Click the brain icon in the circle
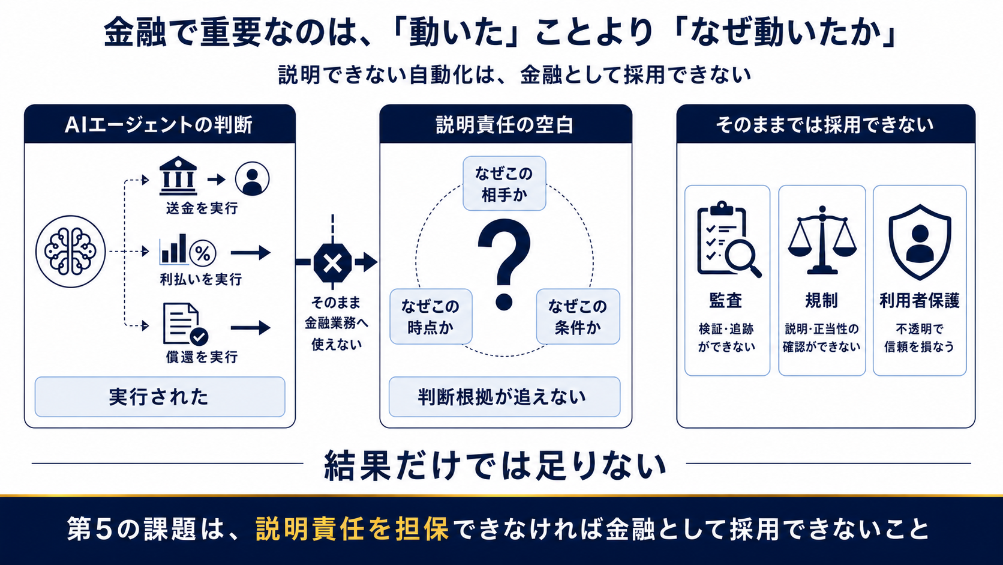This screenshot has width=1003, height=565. (x=70, y=252)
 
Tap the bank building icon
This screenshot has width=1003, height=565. (x=178, y=176)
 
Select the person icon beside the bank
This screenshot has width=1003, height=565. (x=252, y=178)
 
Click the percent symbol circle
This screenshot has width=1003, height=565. (x=203, y=253)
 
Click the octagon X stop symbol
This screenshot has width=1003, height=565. (x=332, y=263)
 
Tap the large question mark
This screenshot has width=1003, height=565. (x=504, y=264)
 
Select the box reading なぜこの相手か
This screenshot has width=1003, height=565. (x=504, y=183)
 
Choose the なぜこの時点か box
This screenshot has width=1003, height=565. (x=431, y=316)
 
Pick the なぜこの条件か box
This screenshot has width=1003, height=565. (x=578, y=316)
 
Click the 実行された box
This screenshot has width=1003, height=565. (x=160, y=397)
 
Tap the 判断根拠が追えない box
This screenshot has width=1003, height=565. (x=504, y=397)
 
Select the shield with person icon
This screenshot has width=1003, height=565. (x=920, y=242)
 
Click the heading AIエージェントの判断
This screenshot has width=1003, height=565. (x=159, y=124)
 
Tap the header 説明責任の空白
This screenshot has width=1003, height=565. (x=505, y=124)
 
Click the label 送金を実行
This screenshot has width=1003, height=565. (x=202, y=208)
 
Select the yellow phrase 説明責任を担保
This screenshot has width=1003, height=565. (x=352, y=529)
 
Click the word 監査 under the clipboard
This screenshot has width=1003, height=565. (x=726, y=301)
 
